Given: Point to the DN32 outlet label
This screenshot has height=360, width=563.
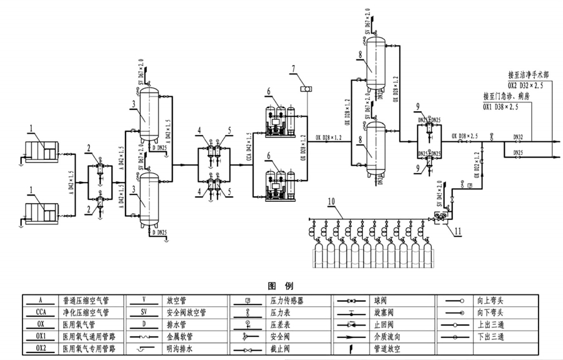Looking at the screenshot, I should [x=517, y=136].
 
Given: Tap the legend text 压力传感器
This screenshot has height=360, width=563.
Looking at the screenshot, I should [x=287, y=301].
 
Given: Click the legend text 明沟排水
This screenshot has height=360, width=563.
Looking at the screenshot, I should [x=181, y=348].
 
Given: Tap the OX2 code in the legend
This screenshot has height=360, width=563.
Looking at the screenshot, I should [x=41, y=348].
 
